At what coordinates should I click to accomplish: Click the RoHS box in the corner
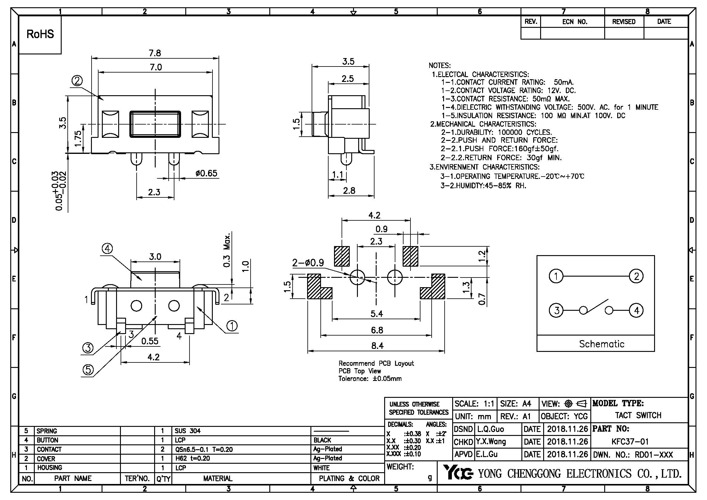click(x=40, y=34)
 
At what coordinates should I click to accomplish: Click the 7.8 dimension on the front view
click(x=155, y=53)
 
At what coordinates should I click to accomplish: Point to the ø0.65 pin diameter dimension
click(x=206, y=173)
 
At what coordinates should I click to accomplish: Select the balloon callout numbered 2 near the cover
click(x=77, y=81)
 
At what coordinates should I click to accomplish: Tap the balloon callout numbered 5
click(x=88, y=369)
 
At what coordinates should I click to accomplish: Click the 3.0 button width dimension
click(x=155, y=256)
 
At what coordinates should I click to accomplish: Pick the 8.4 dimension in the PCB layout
click(x=377, y=346)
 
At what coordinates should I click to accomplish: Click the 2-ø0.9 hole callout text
click(x=308, y=263)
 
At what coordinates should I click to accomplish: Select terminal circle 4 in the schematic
click(x=637, y=310)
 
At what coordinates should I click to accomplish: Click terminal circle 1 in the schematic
click(x=556, y=276)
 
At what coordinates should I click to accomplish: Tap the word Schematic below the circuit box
click(x=602, y=344)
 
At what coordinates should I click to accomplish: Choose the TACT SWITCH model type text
click(x=638, y=415)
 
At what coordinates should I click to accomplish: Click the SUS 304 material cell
click(x=187, y=431)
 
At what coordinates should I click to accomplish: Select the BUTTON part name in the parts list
click(x=47, y=440)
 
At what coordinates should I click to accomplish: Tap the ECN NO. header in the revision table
click(x=575, y=22)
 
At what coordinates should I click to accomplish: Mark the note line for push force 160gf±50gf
click(x=499, y=149)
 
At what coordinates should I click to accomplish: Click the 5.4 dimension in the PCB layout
click(x=377, y=314)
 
